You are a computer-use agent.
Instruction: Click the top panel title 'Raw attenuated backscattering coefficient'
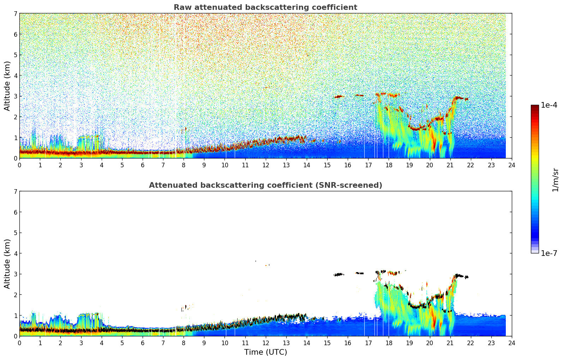click(x=265, y=7)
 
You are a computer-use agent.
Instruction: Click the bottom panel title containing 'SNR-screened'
click(x=265, y=185)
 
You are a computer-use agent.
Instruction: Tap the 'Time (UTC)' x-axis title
click(x=265, y=352)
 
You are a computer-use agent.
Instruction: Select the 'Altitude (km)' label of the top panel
click(x=7, y=86)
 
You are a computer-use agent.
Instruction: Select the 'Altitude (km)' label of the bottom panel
click(x=7, y=264)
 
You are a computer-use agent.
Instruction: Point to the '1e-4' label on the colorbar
click(x=549, y=105)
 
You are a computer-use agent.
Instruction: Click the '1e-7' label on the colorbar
click(x=549, y=253)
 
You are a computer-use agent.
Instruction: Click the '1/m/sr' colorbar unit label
click(x=555, y=180)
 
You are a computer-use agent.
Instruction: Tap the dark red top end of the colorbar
click(x=535, y=106)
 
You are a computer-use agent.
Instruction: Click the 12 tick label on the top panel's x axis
click(x=265, y=165)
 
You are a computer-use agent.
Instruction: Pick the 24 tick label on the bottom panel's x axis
click(x=512, y=343)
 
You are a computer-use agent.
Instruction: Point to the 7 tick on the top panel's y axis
click(x=15, y=14)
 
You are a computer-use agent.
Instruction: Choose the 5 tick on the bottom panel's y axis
click(x=15, y=233)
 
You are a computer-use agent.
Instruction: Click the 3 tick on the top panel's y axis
click(x=15, y=96)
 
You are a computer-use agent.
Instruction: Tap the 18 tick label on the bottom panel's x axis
click(x=389, y=343)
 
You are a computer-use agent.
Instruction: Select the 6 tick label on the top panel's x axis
click(x=143, y=165)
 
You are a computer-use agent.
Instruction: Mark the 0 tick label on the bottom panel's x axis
click(x=19, y=343)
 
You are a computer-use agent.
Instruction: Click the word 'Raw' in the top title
click(x=182, y=7)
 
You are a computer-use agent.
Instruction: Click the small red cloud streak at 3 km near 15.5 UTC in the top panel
click(x=339, y=96)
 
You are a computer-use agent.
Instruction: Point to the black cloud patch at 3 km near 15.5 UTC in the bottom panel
click(x=339, y=274)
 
